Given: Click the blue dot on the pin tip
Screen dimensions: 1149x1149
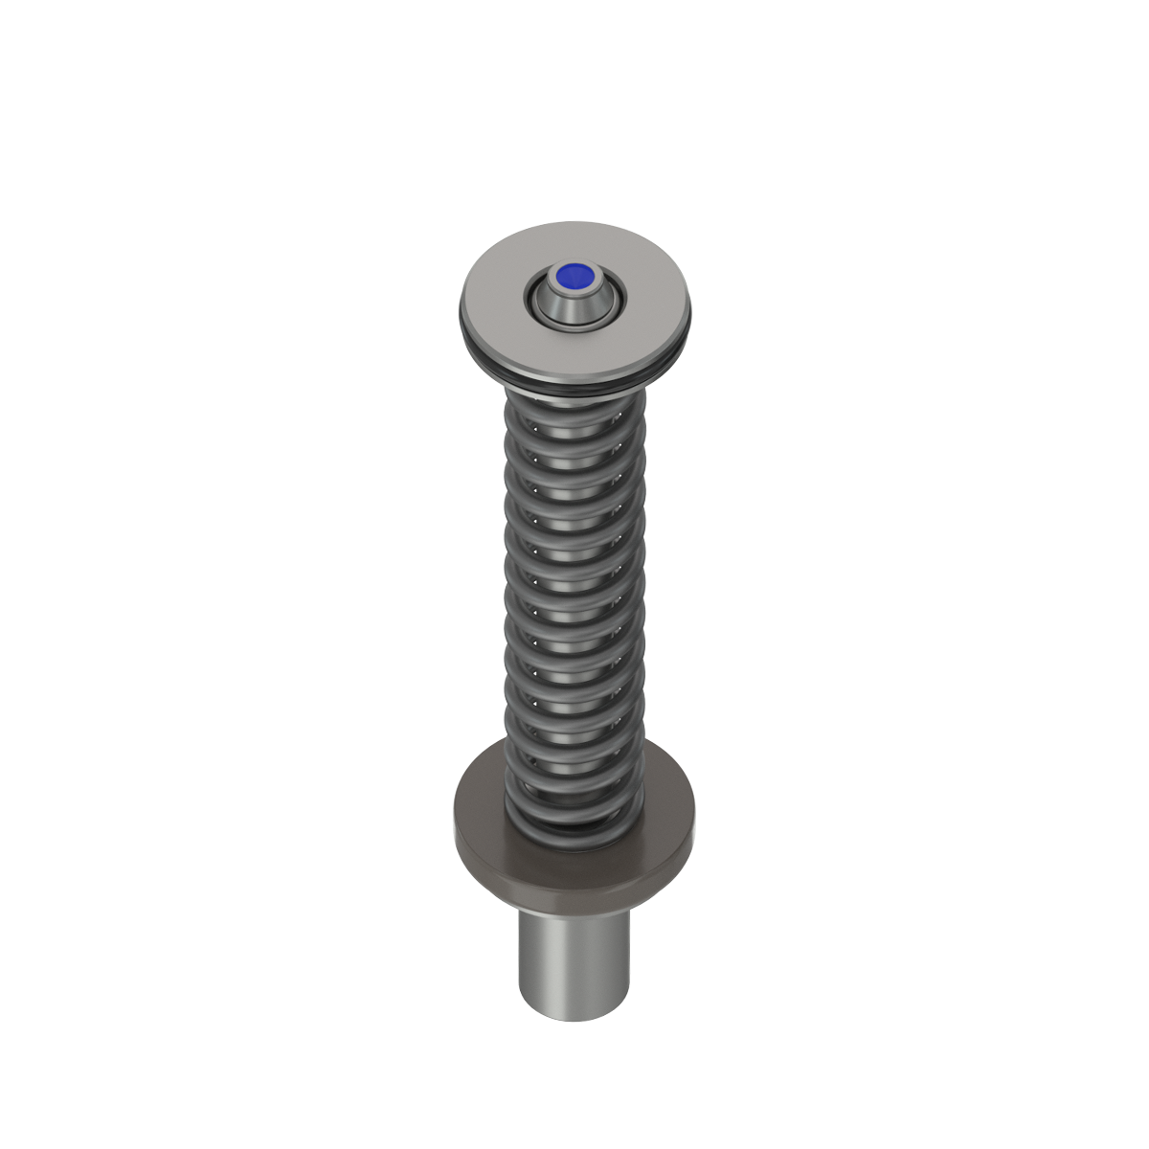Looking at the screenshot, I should (x=574, y=278).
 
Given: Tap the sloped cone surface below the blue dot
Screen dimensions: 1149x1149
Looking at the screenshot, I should (x=574, y=304).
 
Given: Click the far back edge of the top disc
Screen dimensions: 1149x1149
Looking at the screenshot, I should (x=574, y=224).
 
